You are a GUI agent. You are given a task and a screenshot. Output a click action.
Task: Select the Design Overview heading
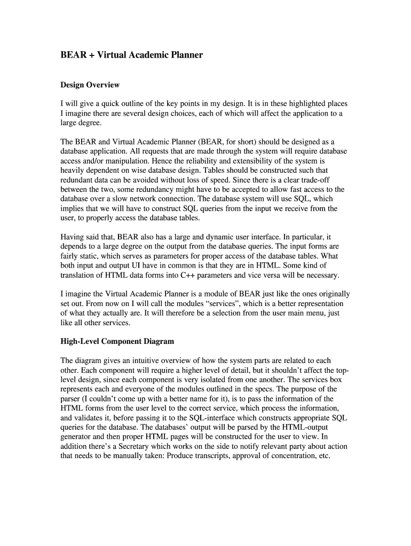(90, 85)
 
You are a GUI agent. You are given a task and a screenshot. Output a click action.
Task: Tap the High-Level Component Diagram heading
(117, 341)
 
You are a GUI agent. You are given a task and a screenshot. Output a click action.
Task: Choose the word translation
(79, 275)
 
